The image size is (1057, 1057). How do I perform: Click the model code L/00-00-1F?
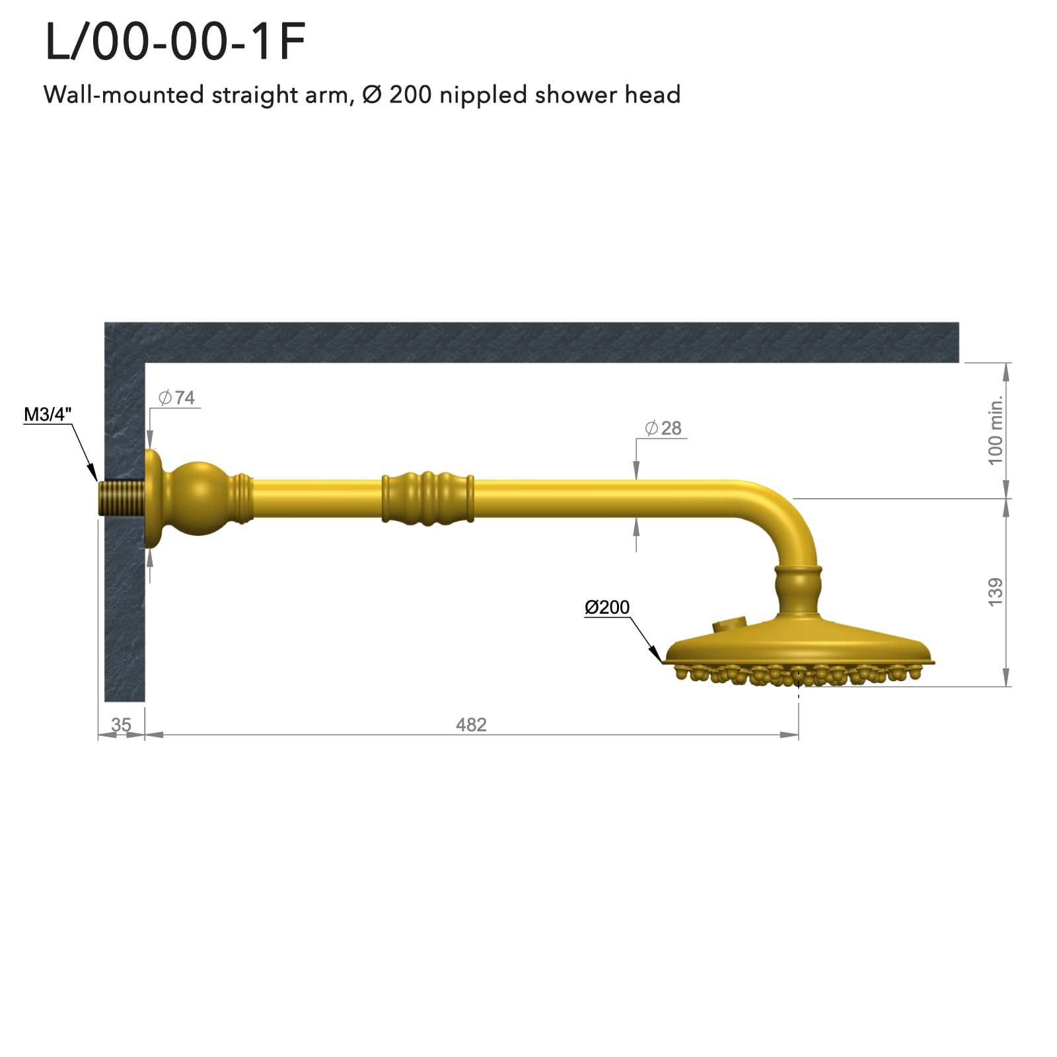coord(175,42)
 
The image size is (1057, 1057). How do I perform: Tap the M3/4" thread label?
coord(48,415)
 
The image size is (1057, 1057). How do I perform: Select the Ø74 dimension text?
coord(177,398)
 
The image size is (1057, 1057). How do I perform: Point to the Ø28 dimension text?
coord(663,428)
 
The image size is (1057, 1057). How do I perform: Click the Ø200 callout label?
coord(607,607)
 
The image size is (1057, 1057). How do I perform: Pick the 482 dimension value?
coord(471,725)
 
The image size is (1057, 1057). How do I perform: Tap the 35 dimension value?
coord(121,725)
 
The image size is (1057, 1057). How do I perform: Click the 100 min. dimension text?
coord(996,430)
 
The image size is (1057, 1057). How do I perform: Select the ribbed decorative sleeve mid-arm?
coord(427,499)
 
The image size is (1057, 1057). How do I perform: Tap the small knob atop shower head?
coord(729,624)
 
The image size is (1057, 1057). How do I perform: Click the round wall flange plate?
coord(153,499)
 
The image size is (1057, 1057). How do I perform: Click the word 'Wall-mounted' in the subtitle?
coord(124,95)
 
